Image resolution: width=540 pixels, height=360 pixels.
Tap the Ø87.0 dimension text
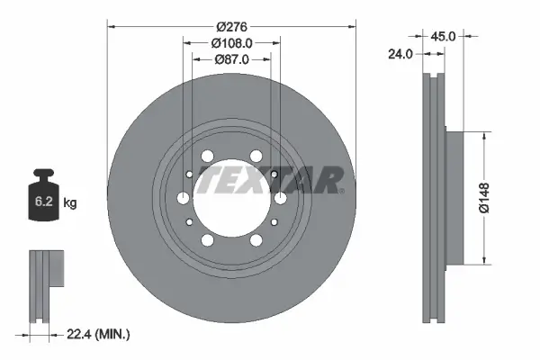pyautogui.click(x=232, y=58)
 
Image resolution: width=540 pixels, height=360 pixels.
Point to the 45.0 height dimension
pyautogui.click(x=442, y=37)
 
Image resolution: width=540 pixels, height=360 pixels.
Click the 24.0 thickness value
pyautogui.click(x=400, y=53)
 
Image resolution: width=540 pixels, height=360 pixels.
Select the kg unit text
pyautogui.click(x=70, y=203)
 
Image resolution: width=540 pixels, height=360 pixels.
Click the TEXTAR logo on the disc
pyautogui.click(x=270, y=180)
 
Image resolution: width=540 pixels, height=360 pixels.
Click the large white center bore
pyautogui.click(x=232, y=198)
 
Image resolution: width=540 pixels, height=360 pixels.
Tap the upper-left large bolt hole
pyautogui.click(x=208, y=157)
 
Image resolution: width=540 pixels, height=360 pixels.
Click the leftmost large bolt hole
pyautogui.click(x=184, y=198)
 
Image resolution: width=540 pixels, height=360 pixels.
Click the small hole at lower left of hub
pyautogui.click(x=190, y=222)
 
